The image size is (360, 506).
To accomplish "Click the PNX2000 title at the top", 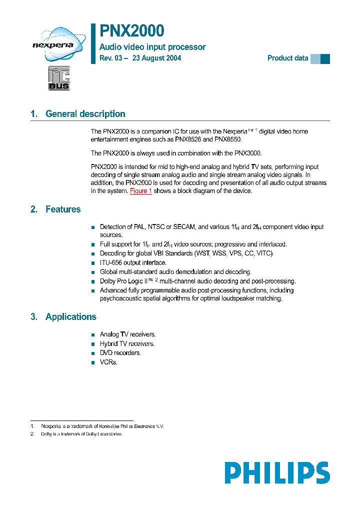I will (132, 31).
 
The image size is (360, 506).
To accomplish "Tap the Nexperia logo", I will (52, 45).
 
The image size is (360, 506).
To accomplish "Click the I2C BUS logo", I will (59, 78).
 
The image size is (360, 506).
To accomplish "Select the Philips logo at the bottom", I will (276, 472).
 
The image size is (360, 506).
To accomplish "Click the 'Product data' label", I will (287, 58).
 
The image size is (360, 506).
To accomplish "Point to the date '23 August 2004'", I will (157, 58).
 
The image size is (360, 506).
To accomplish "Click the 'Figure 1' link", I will (140, 191).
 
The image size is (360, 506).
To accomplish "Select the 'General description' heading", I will (85, 114).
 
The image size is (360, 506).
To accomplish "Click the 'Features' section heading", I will (63, 209).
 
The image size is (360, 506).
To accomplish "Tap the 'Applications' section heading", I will (70, 317).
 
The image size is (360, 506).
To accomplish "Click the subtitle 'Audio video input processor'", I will (152, 47).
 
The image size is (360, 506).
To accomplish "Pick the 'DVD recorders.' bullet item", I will (120, 353).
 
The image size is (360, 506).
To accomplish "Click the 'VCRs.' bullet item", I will (108, 362).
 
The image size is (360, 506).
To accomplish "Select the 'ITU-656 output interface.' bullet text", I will (133, 262).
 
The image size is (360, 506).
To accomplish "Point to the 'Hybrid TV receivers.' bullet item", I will (127, 343).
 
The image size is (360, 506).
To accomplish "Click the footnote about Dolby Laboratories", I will (81, 434).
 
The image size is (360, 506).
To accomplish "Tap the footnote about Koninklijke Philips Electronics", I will (102, 426).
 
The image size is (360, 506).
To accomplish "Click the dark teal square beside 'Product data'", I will (325, 58).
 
